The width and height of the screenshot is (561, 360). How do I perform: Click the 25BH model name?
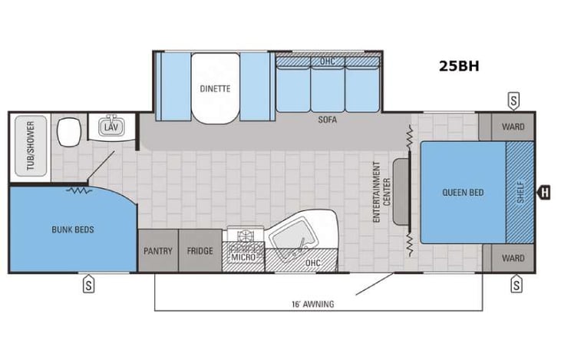(x=459, y=65)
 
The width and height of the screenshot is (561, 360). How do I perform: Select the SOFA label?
(x=328, y=121)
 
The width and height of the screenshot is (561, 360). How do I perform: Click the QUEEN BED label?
(x=463, y=193)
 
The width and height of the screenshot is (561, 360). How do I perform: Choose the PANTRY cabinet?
(x=157, y=251)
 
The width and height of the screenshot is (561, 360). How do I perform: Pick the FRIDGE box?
(x=199, y=251)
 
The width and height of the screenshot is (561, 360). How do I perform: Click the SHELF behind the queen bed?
(x=520, y=192)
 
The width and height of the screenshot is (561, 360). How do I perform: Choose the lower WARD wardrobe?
(x=513, y=258)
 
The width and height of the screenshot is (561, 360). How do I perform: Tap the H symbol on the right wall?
(x=544, y=192)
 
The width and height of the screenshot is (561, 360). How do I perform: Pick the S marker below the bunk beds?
(x=89, y=284)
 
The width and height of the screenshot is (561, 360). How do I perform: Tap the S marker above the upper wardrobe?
(x=513, y=101)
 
